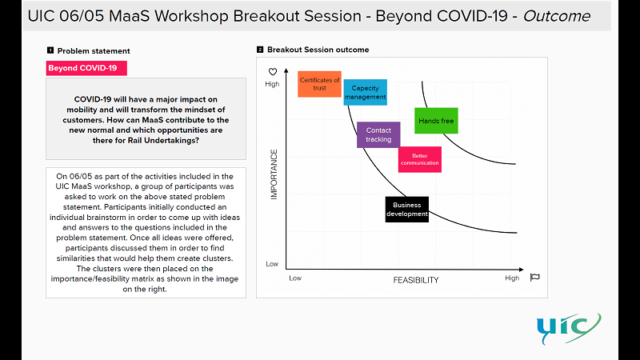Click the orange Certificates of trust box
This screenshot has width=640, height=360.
[319, 84]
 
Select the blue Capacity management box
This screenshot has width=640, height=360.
[365, 92]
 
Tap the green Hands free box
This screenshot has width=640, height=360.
[436, 121]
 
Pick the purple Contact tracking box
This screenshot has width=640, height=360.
[378, 134]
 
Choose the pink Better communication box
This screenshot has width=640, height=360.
[419, 159]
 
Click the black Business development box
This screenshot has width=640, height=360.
[407, 210]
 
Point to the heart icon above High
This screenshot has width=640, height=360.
[273, 72]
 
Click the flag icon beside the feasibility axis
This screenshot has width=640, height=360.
[534, 278]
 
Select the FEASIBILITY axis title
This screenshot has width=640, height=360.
[416, 280]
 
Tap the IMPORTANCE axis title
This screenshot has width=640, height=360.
[274, 174]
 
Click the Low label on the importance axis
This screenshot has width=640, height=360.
[272, 264]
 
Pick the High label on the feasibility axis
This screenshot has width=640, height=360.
[512, 278]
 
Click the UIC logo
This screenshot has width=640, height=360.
[569, 329]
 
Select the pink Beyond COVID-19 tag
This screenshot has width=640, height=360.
[86, 68]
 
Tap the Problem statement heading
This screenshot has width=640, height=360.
[94, 51]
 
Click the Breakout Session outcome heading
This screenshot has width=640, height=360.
[318, 50]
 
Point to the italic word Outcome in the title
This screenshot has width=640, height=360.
[557, 16]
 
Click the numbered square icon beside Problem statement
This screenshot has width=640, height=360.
[50, 50]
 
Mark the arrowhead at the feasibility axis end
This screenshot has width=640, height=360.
[522, 270]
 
